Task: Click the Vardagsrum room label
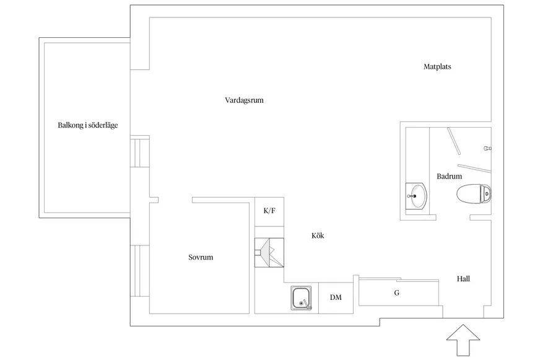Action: click(x=244, y=100)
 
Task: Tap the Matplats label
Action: click(x=437, y=66)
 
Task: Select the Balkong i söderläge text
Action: click(x=87, y=125)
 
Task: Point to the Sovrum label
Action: click(x=201, y=257)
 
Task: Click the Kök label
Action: click(x=318, y=235)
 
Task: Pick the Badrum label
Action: click(x=449, y=177)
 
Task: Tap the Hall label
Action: click(x=463, y=279)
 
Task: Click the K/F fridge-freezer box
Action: click(x=269, y=212)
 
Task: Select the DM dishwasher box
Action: click(x=336, y=298)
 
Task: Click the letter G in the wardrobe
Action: click(x=397, y=293)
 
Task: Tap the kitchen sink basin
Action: click(x=301, y=298)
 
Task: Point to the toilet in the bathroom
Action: click(x=474, y=194)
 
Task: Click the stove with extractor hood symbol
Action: click(x=269, y=253)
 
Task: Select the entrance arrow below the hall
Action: click(x=463, y=340)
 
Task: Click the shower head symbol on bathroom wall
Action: click(x=487, y=149)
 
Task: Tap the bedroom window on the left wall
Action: click(x=139, y=271)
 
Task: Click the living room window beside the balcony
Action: click(x=139, y=152)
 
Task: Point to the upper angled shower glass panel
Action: click(x=454, y=141)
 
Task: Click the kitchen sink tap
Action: click(x=305, y=303)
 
